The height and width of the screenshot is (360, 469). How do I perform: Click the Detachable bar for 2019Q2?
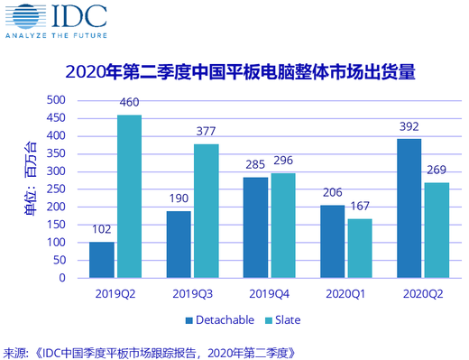tap(102, 260)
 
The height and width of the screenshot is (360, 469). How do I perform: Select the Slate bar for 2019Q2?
tap(129, 196)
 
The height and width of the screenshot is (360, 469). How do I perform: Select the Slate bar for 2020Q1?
tap(359, 248)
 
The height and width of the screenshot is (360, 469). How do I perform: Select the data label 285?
tap(255, 168)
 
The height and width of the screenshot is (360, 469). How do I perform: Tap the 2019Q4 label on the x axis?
tap(269, 292)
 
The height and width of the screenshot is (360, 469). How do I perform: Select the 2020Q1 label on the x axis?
tap(345, 292)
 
